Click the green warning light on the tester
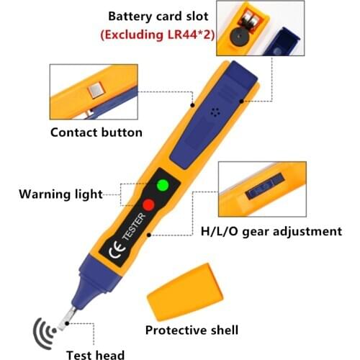163,185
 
